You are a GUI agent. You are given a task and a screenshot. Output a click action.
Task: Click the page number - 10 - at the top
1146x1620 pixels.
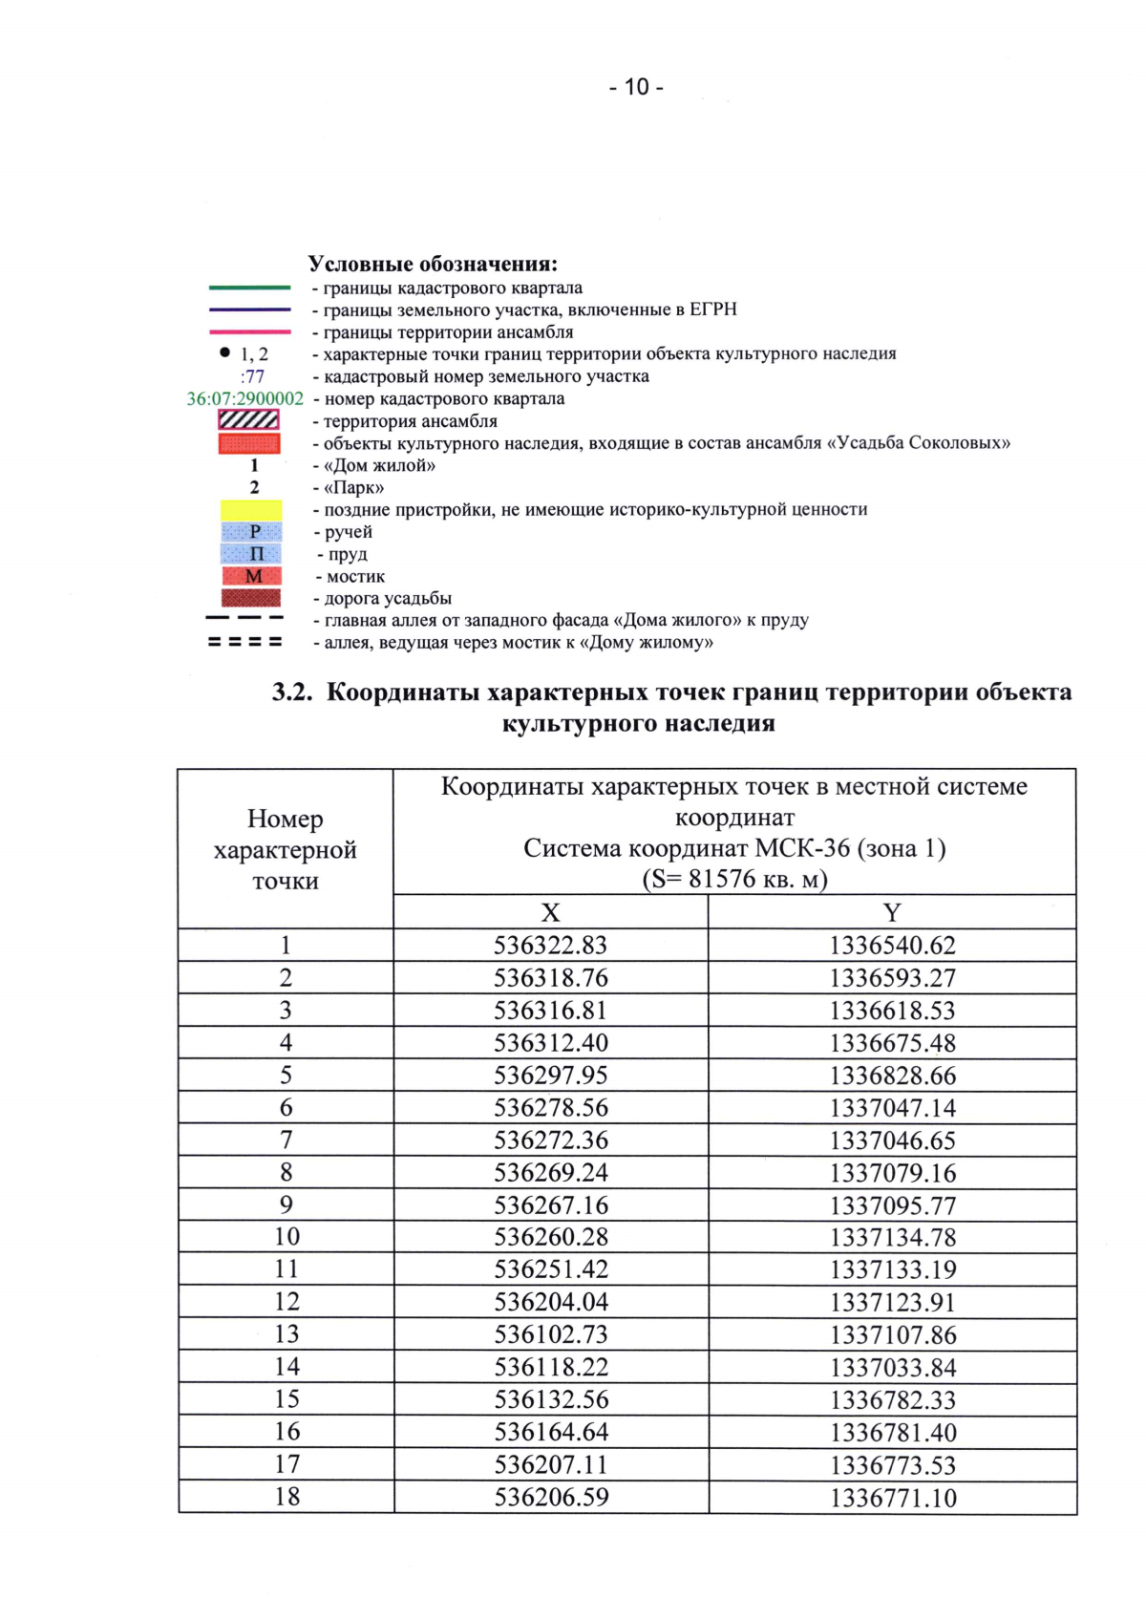click(636, 87)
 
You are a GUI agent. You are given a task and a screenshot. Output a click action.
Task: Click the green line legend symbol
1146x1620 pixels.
click(249, 288)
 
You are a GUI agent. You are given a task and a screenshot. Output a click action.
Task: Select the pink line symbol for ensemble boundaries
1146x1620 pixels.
click(249, 332)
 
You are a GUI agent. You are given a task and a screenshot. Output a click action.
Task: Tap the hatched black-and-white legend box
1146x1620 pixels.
click(249, 420)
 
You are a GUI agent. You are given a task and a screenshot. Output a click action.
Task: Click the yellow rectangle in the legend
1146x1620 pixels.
click(251, 510)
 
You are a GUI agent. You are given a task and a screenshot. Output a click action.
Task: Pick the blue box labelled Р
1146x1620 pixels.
click(251, 532)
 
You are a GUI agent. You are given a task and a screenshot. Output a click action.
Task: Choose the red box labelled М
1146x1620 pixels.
click(251, 576)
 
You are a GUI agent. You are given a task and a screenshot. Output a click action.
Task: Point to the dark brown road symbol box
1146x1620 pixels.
click(251, 598)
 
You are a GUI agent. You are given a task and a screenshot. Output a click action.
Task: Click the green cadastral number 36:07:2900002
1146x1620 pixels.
click(244, 399)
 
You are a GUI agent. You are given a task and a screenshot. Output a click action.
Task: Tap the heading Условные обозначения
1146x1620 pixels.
click(433, 264)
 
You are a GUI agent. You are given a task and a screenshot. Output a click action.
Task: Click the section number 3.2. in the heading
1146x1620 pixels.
click(292, 693)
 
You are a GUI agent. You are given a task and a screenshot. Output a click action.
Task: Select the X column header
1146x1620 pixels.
click(550, 912)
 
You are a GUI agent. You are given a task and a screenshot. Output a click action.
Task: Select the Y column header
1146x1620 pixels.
click(892, 912)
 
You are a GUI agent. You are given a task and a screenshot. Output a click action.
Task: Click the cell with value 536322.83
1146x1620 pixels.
click(550, 946)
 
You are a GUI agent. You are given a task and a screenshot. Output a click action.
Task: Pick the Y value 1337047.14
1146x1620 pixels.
click(892, 1108)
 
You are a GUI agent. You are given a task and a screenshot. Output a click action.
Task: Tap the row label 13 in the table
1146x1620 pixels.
click(286, 1334)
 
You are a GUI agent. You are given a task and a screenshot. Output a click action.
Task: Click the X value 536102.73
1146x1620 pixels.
click(550, 1334)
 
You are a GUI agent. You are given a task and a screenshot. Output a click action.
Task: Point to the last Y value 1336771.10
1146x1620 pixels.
click(892, 1498)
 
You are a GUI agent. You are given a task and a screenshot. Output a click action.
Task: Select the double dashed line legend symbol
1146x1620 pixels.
click(245, 642)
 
